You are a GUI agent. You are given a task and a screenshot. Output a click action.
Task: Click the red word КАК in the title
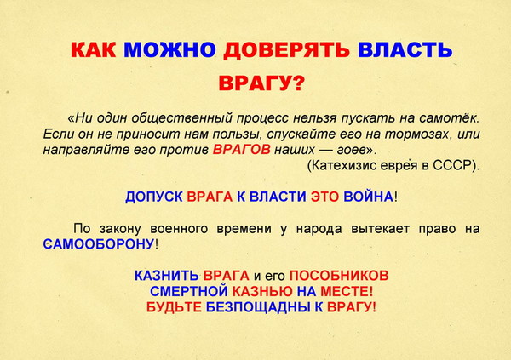point(93,49)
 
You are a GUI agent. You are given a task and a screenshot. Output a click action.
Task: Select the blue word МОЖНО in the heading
point(169,49)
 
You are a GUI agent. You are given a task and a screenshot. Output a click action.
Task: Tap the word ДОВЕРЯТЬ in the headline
point(286,50)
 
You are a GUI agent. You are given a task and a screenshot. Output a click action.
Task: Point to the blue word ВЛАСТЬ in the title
point(405,49)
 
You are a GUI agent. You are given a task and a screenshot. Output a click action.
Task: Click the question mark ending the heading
point(297,83)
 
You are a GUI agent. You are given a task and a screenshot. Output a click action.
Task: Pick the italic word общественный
point(182,118)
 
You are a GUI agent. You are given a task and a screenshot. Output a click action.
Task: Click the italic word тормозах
point(418,134)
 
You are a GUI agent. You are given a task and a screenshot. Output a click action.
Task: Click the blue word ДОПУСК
point(154,197)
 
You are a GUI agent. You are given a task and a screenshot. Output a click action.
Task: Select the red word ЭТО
point(324,197)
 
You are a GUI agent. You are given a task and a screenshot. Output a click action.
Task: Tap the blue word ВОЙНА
point(368,197)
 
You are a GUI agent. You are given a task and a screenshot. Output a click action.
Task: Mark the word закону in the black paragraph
point(120,229)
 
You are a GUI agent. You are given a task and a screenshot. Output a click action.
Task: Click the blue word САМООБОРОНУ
point(99,243)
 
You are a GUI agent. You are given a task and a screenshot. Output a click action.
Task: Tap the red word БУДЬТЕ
point(174,307)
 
